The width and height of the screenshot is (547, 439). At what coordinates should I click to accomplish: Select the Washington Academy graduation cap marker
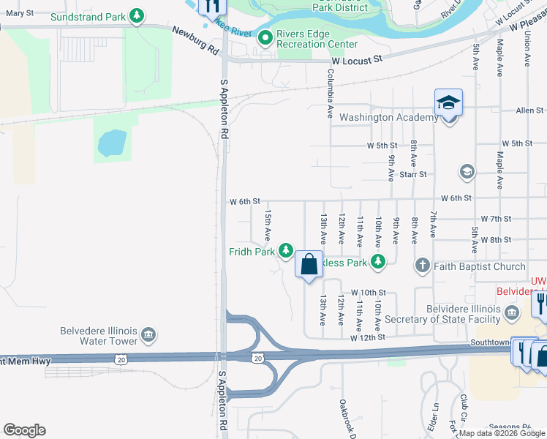[x=448, y=102]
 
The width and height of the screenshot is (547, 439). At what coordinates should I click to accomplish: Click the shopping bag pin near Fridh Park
[x=309, y=264]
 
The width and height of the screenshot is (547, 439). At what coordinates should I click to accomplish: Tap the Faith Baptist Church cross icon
[x=422, y=266]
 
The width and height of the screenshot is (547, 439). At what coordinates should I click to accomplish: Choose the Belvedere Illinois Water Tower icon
[x=148, y=334]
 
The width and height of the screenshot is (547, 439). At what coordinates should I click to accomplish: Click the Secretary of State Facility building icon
[x=510, y=315]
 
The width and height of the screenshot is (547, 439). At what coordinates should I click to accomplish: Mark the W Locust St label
[x=358, y=62]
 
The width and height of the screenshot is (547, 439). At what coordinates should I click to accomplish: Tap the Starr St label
[x=413, y=175]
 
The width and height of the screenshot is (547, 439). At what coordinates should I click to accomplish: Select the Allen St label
[x=529, y=110]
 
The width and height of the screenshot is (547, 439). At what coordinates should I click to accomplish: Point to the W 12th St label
[x=367, y=337]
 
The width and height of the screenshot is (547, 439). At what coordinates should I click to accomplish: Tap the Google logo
[x=24, y=430]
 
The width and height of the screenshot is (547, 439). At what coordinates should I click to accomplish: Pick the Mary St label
[x=20, y=13]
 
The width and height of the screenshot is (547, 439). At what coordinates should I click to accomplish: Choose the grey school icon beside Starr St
[x=466, y=172]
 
